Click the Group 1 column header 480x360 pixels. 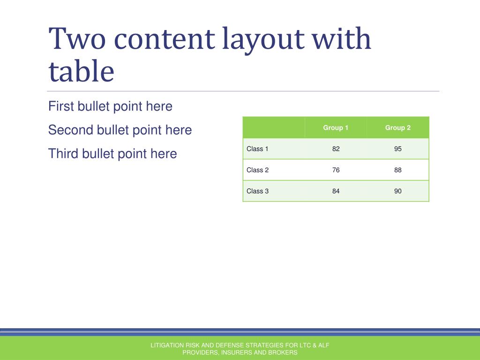click(x=336, y=127)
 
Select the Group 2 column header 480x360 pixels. click(x=397, y=127)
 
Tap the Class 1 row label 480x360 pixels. click(x=257, y=149)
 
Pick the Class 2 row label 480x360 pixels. click(x=257, y=170)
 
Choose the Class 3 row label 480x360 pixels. click(x=257, y=191)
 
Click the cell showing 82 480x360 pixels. click(x=336, y=149)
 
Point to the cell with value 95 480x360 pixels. click(x=397, y=149)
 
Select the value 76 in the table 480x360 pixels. click(x=336, y=170)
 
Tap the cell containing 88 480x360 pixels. click(x=397, y=170)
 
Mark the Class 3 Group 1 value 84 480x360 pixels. click(x=336, y=191)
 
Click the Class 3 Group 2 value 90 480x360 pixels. click(x=397, y=191)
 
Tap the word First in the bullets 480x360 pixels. click(x=61, y=106)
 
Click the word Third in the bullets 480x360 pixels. click(x=63, y=153)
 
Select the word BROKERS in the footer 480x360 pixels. click(x=283, y=352)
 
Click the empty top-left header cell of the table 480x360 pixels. click(x=274, y=127)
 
